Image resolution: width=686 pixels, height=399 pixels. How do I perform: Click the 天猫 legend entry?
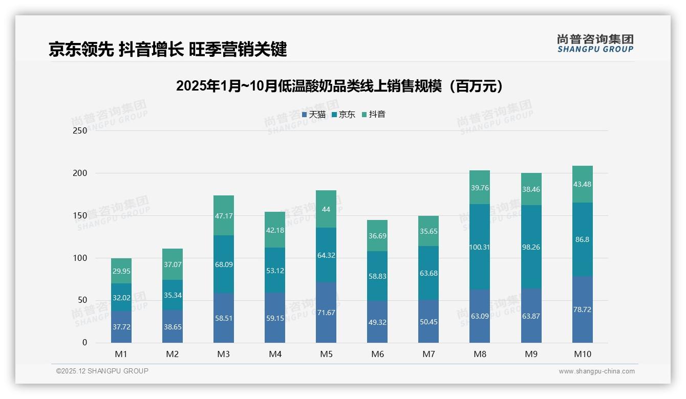point(313,115)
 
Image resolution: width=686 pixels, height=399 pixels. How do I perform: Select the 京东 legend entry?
point(343,115)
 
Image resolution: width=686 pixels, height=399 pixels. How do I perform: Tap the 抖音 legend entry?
point(373,115)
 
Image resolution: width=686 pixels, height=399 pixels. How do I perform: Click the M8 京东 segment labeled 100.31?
point(480,247)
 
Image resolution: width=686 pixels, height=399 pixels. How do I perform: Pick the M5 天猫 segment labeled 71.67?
point(326,313)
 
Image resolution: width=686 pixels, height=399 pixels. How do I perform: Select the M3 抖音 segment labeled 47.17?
point(224,215)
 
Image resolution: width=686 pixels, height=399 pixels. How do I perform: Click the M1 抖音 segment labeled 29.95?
point(121,271)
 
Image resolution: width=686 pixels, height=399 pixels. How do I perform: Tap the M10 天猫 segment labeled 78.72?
point(583,309)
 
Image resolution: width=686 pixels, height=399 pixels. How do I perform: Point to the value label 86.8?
point(583,239)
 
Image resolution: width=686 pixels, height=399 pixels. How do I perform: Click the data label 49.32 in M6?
point(377,322)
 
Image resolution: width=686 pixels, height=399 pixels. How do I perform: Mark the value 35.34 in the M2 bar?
point(173,295)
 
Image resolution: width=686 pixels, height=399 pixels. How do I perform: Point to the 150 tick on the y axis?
point(80,215)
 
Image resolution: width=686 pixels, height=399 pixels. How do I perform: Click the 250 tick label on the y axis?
point(80,130)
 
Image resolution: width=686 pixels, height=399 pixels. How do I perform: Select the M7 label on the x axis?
point(428,354)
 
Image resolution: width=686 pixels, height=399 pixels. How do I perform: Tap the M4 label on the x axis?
point(275,354)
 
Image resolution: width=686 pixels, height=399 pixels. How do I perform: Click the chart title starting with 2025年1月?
point(339,86)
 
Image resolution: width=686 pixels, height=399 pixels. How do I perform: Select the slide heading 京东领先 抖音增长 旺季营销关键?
point(167,49)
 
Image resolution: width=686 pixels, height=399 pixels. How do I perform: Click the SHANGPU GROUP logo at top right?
point(595,43)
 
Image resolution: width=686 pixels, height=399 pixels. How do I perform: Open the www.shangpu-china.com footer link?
point(596,371)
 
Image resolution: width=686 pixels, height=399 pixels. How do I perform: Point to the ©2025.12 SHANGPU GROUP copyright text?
point(102,371)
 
